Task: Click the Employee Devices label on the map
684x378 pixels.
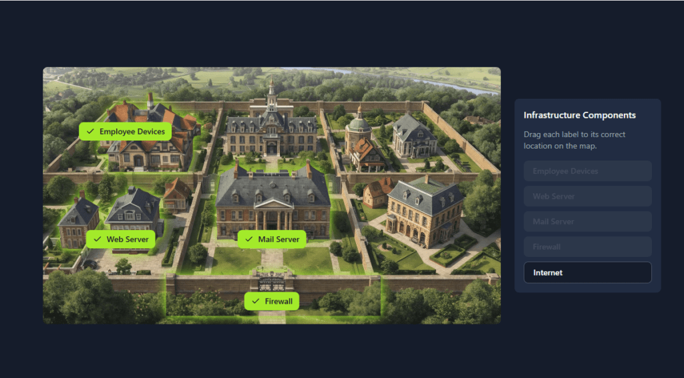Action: tap(126, 132)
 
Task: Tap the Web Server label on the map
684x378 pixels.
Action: tap(121, 240)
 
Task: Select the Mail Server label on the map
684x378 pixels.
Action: tap(272, 240)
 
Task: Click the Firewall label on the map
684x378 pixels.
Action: tap(271, 301)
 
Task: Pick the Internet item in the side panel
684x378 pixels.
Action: tap(587, 272)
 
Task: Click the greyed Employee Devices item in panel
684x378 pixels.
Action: tap(587, 171)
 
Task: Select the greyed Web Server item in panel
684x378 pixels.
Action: tap(587, 196)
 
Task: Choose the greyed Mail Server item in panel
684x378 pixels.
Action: tap(587, 221)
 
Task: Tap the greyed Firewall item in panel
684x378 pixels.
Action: tap(587, 247)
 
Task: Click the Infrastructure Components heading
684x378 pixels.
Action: tap(579, 115)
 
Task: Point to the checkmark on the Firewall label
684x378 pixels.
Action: tap(255, 301)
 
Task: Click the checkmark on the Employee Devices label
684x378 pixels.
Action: tap(90, 132)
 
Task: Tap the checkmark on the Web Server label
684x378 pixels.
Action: tap(98, 240)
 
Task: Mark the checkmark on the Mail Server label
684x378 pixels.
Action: tap(248, 240)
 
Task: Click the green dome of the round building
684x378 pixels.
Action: tap(359, 122)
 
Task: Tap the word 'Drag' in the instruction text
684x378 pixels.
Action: tap(533, 134)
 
